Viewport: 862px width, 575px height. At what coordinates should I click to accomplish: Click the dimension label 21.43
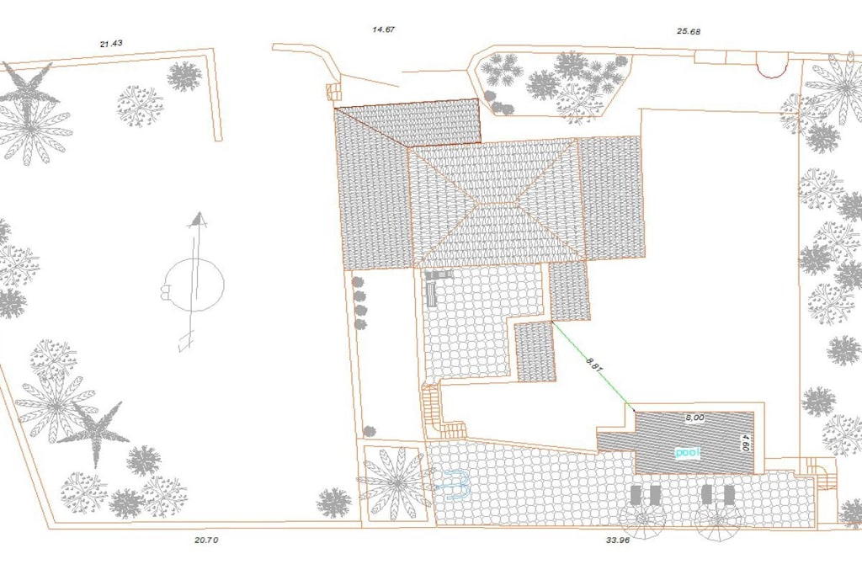(111, 44)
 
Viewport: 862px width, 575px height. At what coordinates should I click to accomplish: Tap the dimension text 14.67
(384, 29)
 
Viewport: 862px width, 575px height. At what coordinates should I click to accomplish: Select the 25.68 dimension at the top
(689, 31)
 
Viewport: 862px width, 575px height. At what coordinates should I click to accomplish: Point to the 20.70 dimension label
(206, 540)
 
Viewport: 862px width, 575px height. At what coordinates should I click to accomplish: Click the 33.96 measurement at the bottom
(618, 540)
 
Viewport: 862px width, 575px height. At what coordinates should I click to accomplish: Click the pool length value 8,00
(694, 418)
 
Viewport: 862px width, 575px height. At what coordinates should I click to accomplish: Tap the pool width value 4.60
(746, 443)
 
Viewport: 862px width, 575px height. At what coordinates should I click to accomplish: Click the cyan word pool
(687, 452)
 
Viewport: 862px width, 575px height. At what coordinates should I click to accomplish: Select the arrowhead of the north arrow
(197, 220)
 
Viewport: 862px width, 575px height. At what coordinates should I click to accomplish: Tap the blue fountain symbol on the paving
(452, 485)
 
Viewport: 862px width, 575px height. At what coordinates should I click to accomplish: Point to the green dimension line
(593, 365)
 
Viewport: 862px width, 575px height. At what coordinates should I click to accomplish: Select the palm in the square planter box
(395, 483)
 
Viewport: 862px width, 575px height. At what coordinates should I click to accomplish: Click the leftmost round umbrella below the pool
(642, 519)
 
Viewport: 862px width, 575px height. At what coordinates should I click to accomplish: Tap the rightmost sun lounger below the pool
(729, 495)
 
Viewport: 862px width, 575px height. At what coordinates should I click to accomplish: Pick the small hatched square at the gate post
(333, 92)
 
